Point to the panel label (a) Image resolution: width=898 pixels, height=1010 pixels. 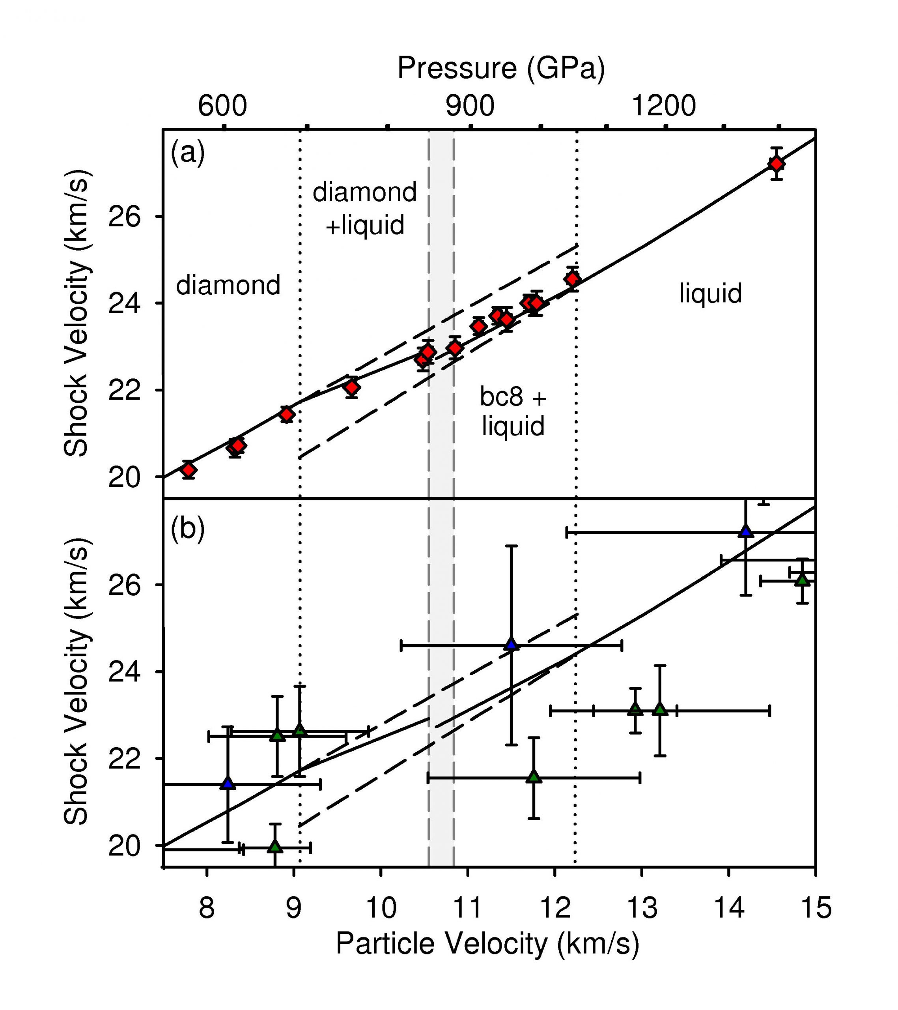coord(187,153)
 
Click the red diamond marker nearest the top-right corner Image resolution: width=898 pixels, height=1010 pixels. coord(777,164)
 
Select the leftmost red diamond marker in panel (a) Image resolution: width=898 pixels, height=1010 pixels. coord(188,470)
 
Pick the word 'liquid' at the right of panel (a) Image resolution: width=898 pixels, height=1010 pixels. coord(710,294)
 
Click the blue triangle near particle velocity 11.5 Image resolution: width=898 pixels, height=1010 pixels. coord(511,644)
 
